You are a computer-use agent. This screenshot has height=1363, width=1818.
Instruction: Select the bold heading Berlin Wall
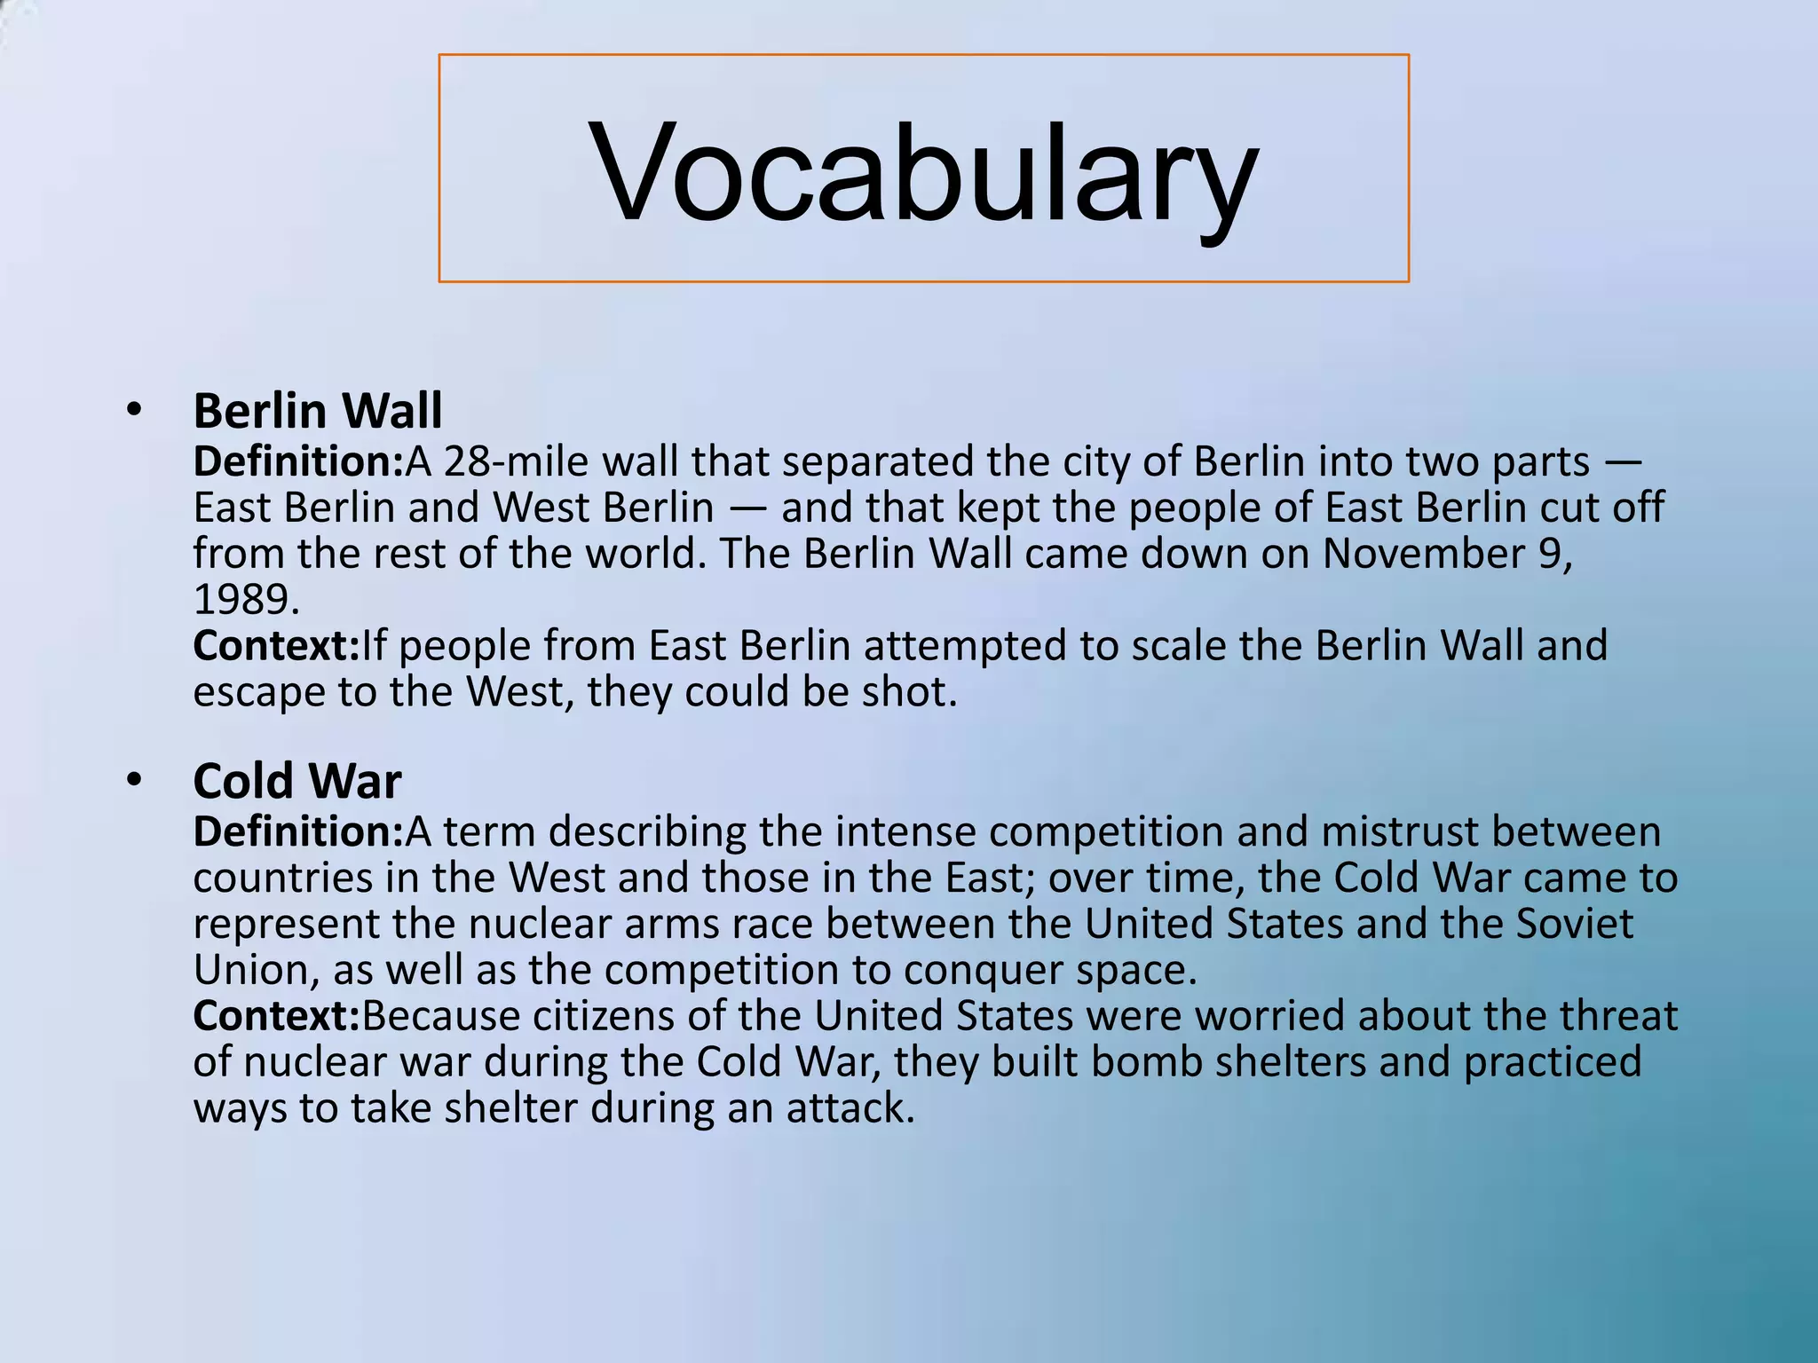317,411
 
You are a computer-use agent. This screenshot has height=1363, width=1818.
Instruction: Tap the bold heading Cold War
296,781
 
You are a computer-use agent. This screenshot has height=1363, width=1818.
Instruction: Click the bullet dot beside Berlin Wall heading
133,409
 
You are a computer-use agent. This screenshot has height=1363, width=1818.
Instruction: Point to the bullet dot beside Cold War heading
133,780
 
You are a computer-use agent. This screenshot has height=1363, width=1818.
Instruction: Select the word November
1419,554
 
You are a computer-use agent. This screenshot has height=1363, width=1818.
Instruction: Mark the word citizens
603,1016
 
